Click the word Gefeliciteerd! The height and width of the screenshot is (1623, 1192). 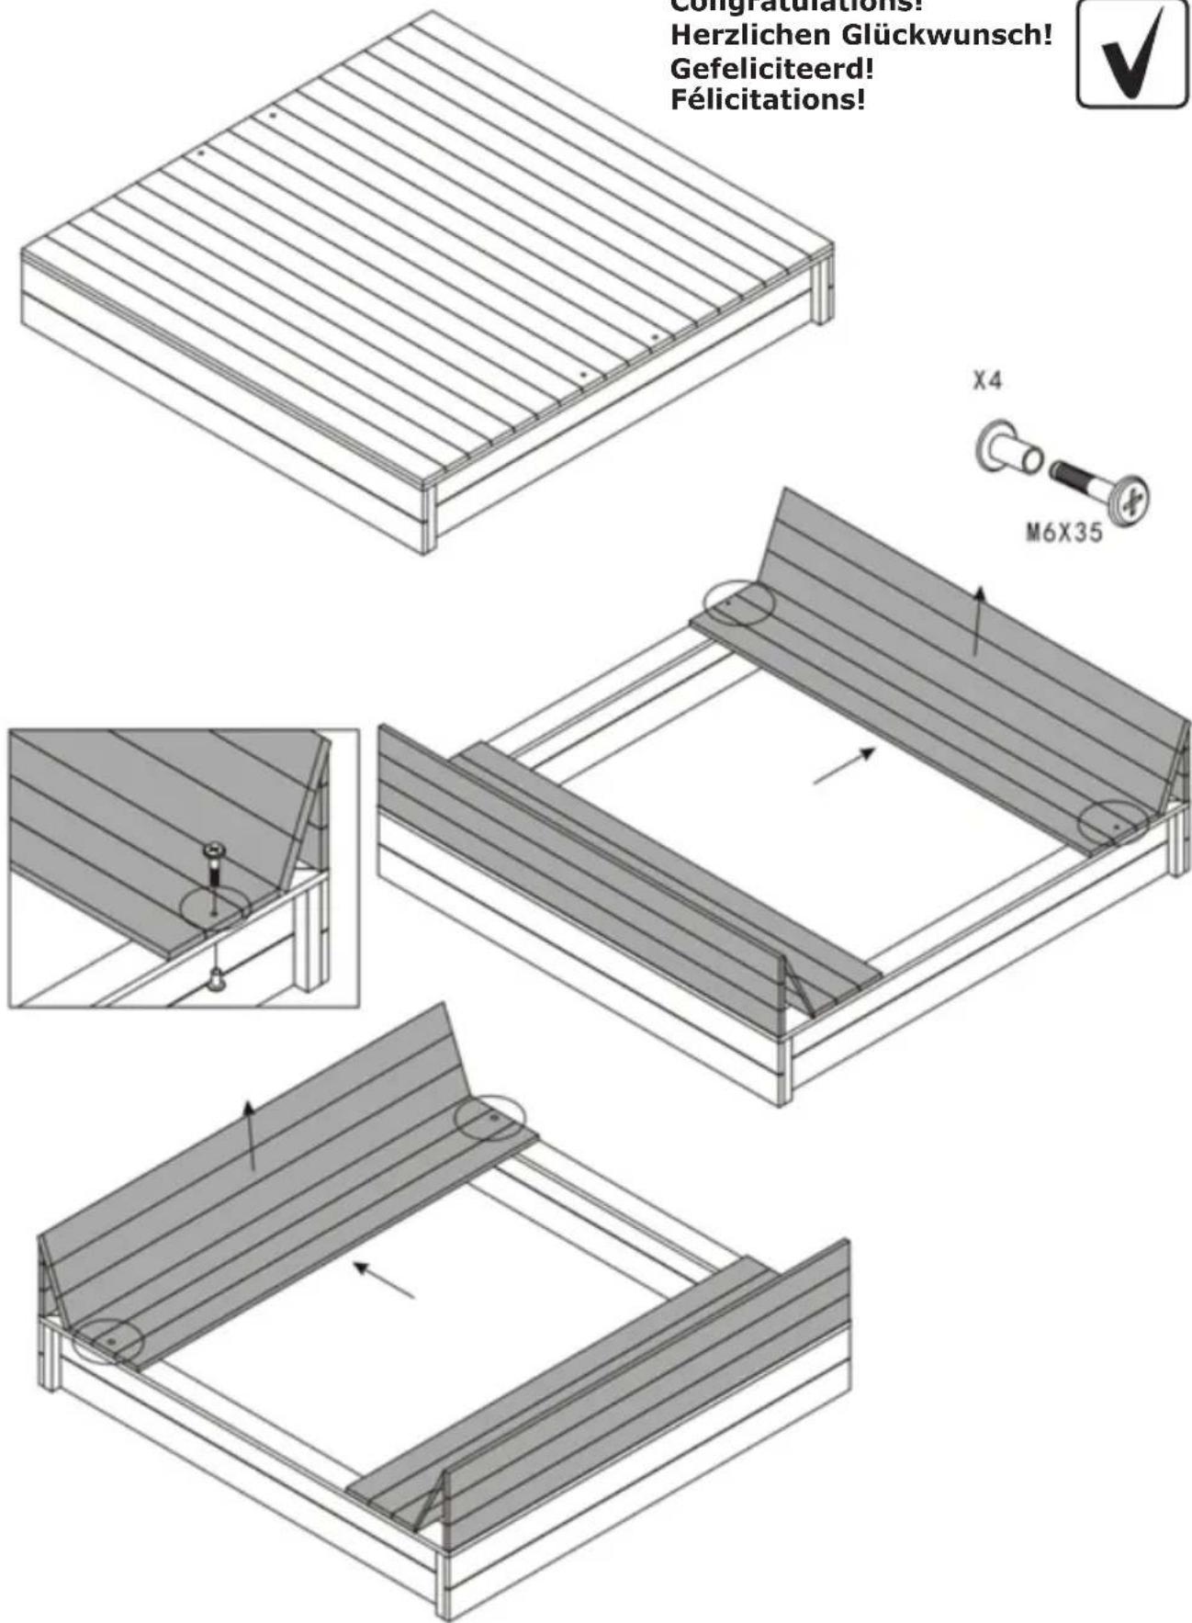click(771, 68)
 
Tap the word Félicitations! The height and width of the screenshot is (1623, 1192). click(768, 99)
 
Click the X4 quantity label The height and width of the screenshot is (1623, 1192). click(987, 381)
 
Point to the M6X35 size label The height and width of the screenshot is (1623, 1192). click(1064, 533)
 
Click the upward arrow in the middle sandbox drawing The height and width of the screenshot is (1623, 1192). click(978, 620)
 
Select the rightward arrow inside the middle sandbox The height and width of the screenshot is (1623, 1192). click(843, 767)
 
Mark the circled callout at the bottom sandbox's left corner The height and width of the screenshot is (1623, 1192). click(108, 1342)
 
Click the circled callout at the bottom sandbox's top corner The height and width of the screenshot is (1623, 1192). click(491, 1119)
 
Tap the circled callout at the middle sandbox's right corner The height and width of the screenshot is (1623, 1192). click(1113, 824)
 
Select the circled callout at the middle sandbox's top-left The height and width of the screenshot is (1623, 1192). click(737, 603)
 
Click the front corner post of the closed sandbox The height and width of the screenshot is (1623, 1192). click(428, 519)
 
